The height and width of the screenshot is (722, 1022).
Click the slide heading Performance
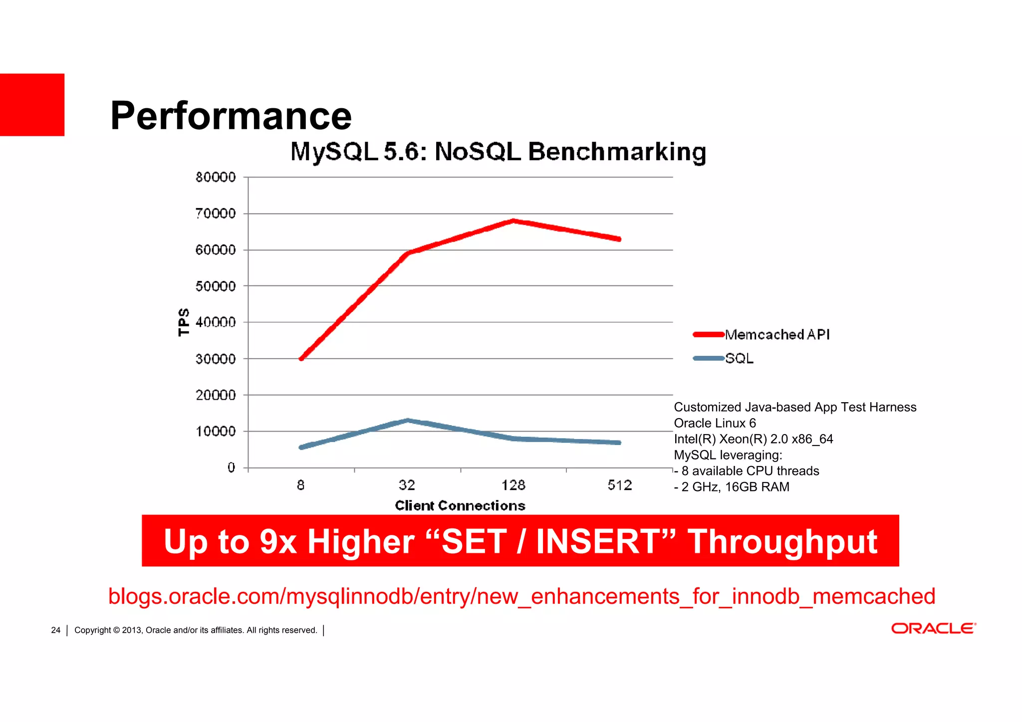point(231,116)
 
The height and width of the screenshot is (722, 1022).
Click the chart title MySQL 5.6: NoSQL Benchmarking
point(498,152)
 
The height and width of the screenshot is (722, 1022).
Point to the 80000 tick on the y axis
point(216,177)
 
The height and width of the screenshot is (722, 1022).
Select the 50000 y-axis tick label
point(216,286)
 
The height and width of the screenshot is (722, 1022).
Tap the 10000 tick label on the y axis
point(216,432)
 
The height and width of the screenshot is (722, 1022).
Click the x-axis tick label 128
point(513,485)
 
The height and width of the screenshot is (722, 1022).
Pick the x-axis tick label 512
point(620,485)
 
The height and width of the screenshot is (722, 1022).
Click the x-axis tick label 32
point(407,485)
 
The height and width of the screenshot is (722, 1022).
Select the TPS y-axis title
point(184,322)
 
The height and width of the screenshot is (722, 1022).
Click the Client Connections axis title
point(460,506)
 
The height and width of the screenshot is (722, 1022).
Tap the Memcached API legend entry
point(776,335)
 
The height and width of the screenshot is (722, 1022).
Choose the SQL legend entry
point(739,359)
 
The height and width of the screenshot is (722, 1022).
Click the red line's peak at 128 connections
point(513,221)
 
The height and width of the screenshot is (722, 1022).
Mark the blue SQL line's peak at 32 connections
point(408,420)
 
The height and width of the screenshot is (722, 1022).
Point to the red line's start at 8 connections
point(301,358)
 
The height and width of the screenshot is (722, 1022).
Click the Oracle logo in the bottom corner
point(934,628)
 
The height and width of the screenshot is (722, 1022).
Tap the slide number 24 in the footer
point(55,630)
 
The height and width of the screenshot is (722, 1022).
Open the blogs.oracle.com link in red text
point(521,596)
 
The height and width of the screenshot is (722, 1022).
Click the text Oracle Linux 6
point(715,423)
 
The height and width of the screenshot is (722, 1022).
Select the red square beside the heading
point(32,105)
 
